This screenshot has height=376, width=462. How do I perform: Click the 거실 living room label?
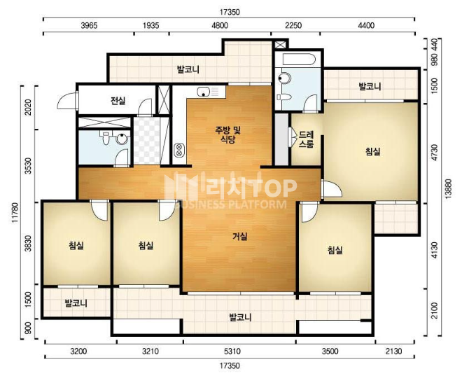point(240,236)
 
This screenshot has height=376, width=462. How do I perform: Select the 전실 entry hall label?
point(118,101)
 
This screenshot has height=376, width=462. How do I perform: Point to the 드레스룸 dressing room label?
point(307,139)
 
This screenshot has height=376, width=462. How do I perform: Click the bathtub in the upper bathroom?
point(297,60)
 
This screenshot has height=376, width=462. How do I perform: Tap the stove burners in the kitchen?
point(178,150)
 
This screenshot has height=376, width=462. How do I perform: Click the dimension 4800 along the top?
point(220,26)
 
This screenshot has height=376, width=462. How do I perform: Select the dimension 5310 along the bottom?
point(232,351)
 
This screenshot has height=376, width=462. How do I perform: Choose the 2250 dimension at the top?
point(293,26)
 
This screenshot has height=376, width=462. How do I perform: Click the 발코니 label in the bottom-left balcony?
point(76,303)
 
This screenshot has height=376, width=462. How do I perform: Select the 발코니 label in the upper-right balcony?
point(370,87)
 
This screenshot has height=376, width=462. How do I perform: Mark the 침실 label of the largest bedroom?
point(372,151)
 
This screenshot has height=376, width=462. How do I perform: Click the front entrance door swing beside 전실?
point(68,100)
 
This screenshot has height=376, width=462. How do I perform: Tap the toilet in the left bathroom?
point(106,138)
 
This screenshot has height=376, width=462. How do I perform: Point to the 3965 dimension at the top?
point(89,26)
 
